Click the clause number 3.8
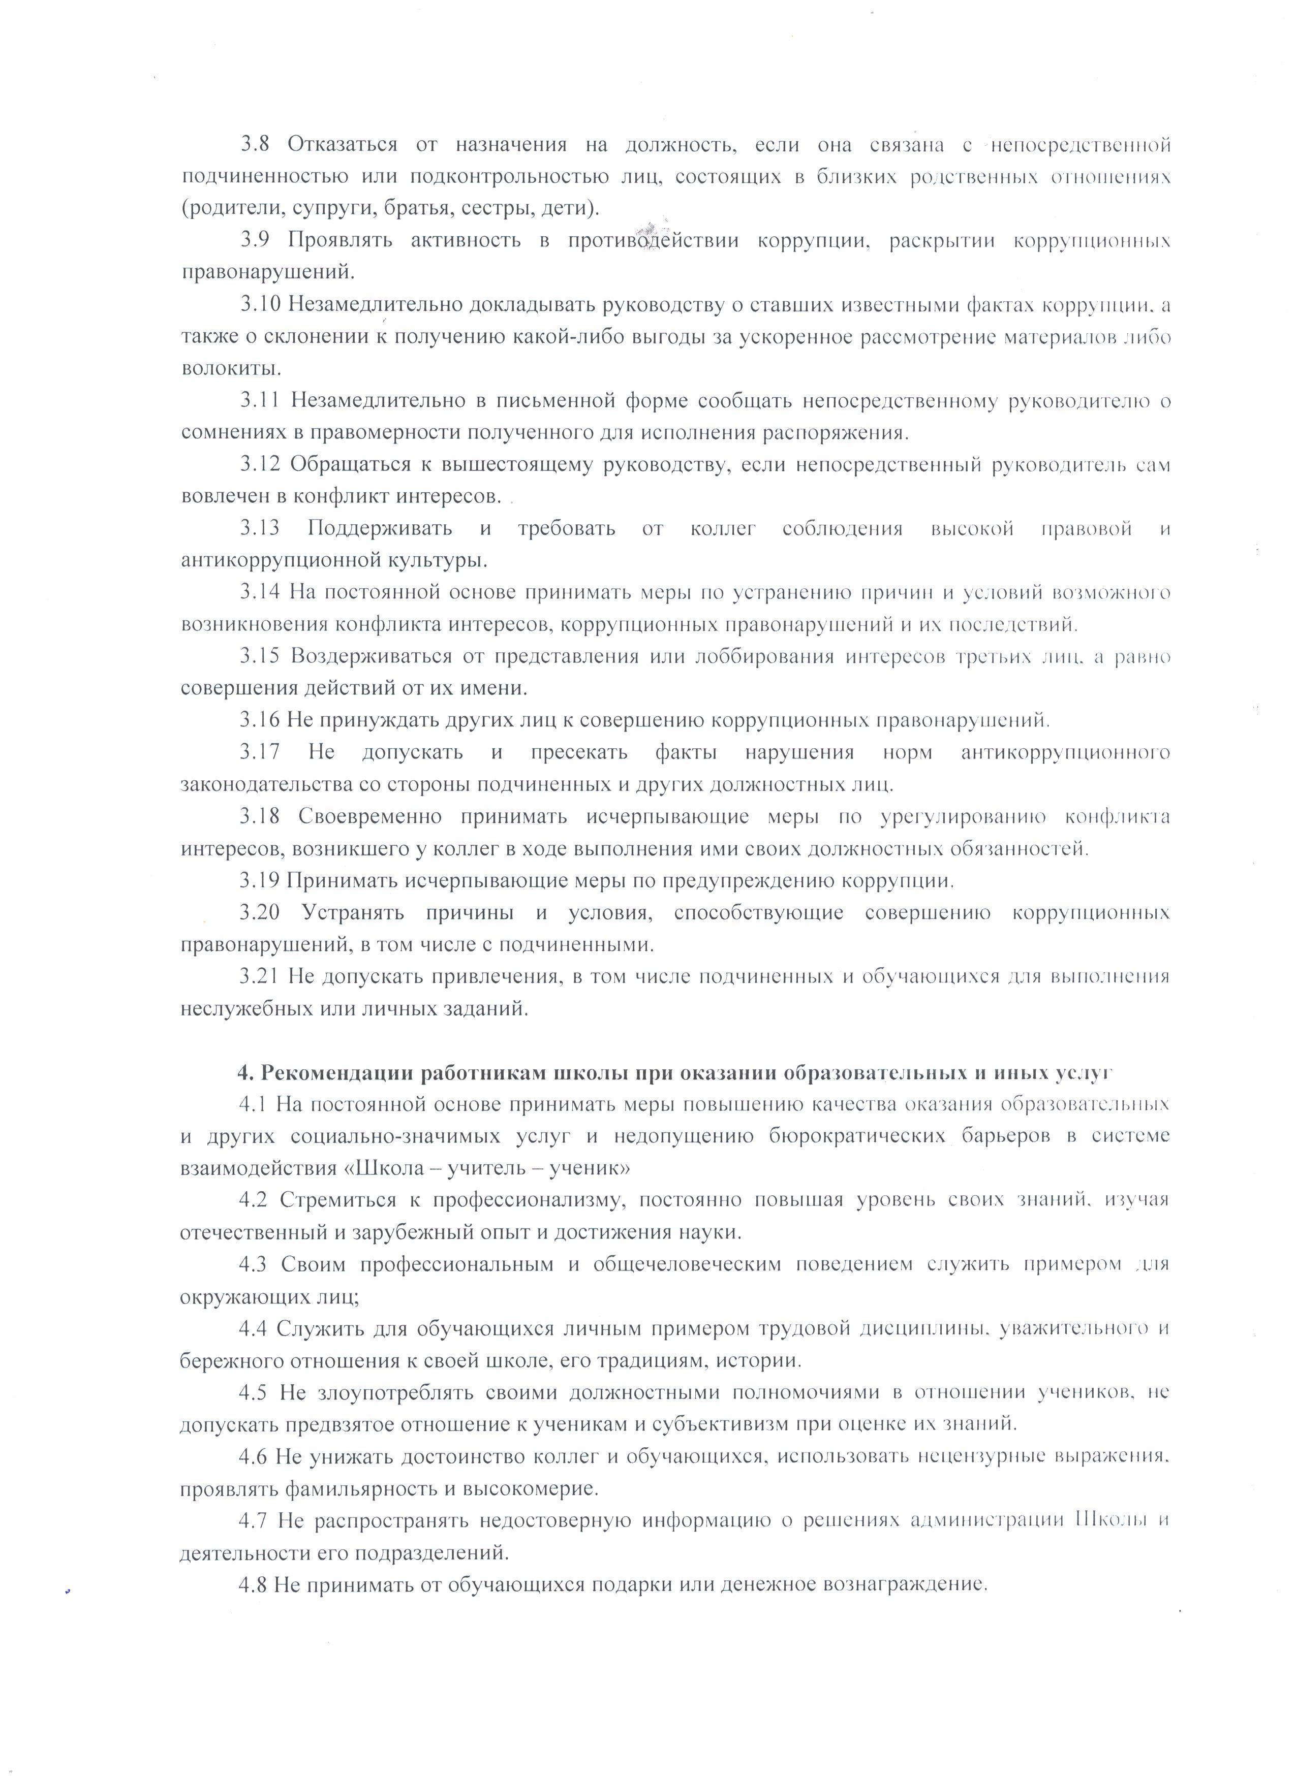point(255,145)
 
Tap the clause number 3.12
point(260,465)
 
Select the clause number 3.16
point(260,720)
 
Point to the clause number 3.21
point(260,977)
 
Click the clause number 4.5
point(255,1393)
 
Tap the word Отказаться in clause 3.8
point(341,145)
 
